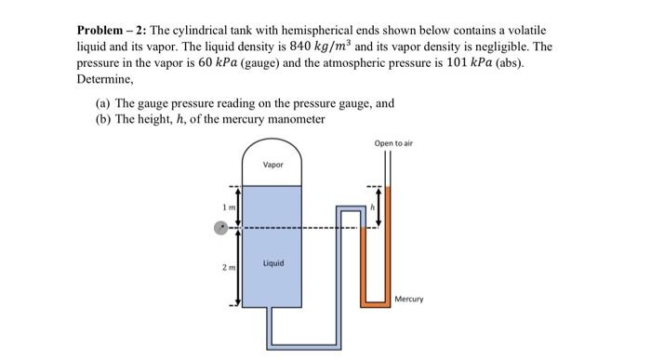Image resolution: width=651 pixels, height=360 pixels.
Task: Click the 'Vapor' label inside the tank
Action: point(272,165)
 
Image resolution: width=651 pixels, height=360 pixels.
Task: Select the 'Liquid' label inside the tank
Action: point(272,263)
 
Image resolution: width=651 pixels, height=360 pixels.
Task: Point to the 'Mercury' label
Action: point(408,299)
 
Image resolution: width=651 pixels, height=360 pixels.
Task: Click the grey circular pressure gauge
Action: point(221,226)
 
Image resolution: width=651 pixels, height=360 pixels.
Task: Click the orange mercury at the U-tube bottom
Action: point(376,300)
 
